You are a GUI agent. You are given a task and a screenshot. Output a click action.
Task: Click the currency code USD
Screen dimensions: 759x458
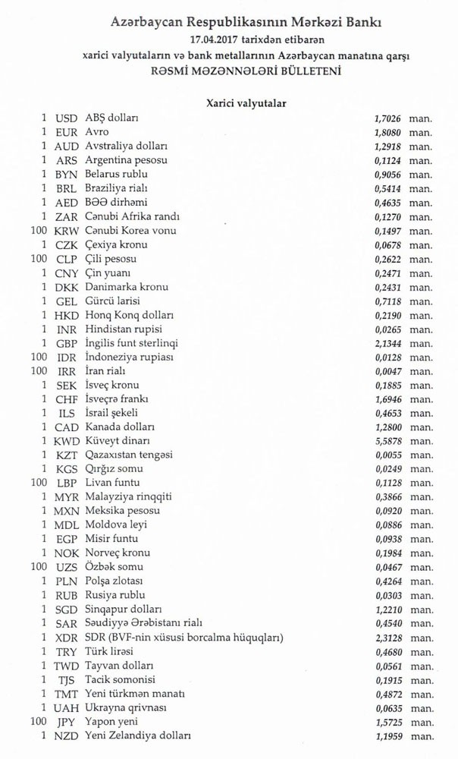[x=67, y=118]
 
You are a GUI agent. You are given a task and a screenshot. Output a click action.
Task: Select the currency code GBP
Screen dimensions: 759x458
[x=67, y=343]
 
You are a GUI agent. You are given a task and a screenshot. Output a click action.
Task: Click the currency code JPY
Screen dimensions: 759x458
[x=67, y=722]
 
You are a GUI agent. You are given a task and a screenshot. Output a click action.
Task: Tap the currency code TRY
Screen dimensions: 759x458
[x=67, y=651]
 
